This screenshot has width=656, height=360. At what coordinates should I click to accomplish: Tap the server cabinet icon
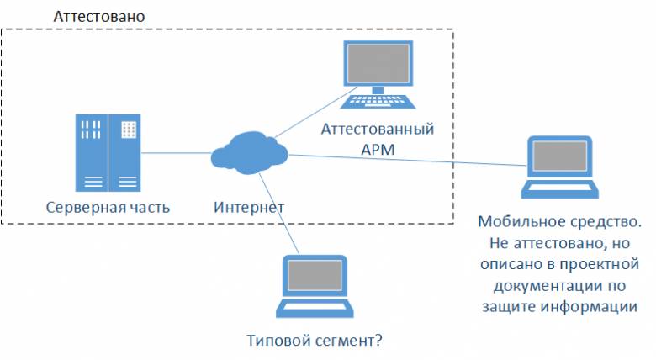click(107, 152)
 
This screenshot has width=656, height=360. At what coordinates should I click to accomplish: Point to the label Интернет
click(249, 207)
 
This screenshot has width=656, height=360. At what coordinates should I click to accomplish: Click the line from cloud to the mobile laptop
click(404, 160)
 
